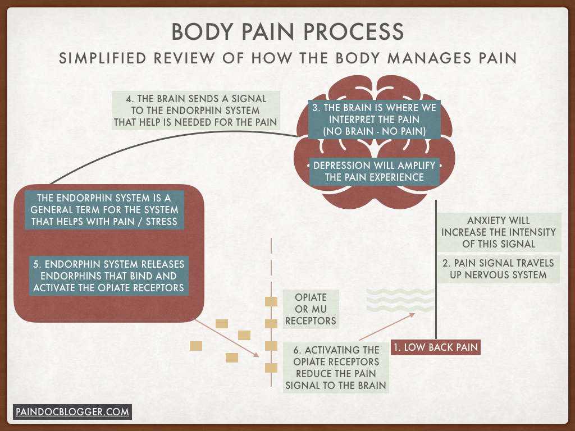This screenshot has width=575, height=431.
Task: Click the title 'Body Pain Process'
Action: click(x=287, y=31)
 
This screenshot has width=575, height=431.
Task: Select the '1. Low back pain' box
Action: click(x=436, y=347)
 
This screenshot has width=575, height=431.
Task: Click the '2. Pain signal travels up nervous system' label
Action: click(x=498, y=269)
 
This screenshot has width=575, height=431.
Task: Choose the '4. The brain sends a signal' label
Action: click(x=197, y=111)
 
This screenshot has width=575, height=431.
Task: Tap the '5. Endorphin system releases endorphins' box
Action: click(x=108, y=276)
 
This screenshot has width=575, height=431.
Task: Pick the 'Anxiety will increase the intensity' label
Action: click(x=498, y=232)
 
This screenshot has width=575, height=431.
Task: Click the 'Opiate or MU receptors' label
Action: click(x=311, y=309)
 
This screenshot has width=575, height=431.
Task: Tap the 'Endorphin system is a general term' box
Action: click(x=108, y=210)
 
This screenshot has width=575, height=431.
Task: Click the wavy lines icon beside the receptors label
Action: click(x=400, y=300)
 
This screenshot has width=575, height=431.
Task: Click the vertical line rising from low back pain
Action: click(x=436, y=269)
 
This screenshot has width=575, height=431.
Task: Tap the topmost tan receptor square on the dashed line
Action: click(x=271, y=302)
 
